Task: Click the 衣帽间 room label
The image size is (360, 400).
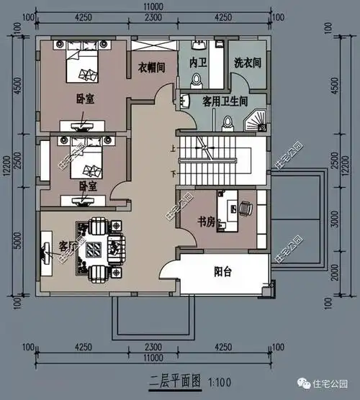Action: click(153, 69)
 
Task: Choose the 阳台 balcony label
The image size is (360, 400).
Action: click(223, 272)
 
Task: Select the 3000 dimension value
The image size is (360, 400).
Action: click(333, 218)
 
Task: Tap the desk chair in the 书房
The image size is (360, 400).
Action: click(245, 209)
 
